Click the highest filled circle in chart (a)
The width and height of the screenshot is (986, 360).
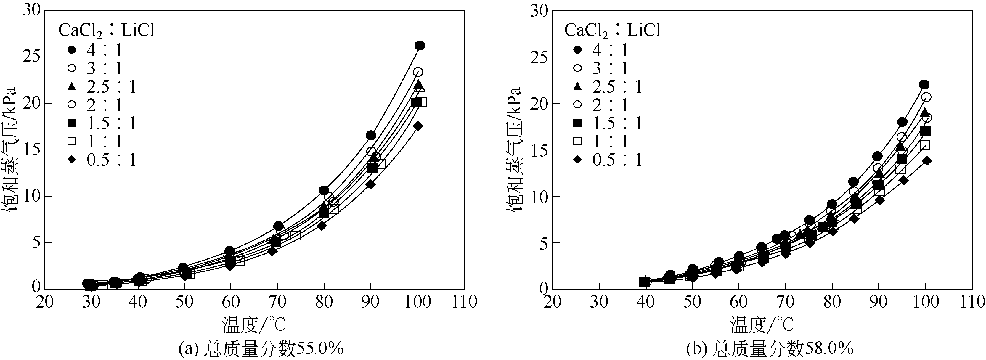tap(420, 46)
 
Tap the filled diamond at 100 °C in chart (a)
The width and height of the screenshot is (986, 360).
tap(418, 126)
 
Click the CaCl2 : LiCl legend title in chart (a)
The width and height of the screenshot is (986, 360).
tap(106, 30)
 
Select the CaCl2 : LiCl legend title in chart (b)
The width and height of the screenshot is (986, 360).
tap(612, 30)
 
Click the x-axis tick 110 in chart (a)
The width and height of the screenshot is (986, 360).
tap(464, 302)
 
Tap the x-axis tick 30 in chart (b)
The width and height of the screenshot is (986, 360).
tap(599, 302)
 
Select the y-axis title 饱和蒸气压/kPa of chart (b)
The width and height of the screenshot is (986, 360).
tap(514, 149)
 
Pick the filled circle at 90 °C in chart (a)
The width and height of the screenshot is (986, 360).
tap(370, 135)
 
